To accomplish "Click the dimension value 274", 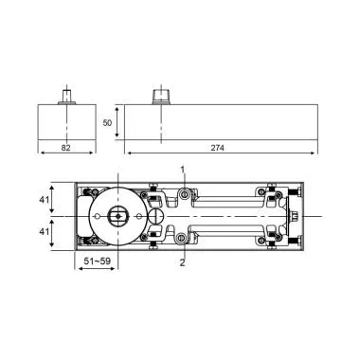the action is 217,148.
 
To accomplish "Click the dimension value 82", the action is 66,148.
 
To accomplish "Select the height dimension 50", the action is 108,122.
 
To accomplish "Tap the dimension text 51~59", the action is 97,261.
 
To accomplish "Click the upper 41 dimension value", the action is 44,200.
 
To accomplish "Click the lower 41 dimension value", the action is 44,232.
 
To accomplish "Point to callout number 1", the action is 183,170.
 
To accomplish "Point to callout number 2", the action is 182,262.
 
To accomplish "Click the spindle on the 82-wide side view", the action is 66,97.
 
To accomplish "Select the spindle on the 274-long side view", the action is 161,97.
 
